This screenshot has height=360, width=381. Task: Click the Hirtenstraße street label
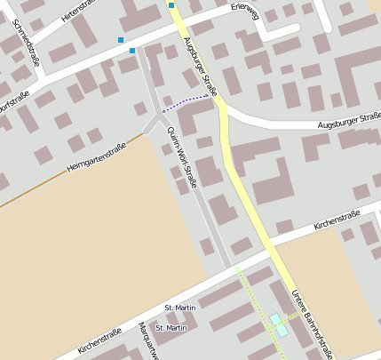tap(78, 10)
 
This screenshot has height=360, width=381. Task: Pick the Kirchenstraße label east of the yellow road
tap(337, 219)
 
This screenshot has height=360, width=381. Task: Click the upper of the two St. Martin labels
tap(180, 308)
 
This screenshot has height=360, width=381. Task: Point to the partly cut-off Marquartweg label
tap(146, 342)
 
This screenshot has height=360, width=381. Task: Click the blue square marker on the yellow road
tap(171, 5)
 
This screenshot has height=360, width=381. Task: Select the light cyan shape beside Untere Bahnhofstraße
tap(279, 324)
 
